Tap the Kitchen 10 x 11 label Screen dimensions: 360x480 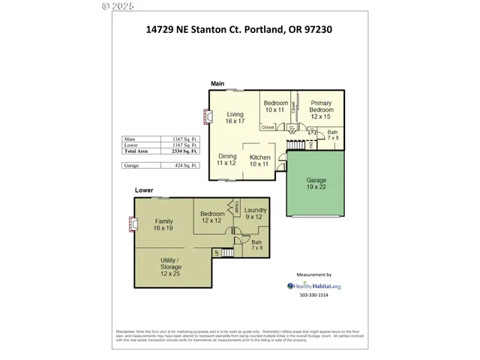pyautogui.click(x=259, y=160)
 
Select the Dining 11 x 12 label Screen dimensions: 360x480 pyautogui.click(x=226, y=160)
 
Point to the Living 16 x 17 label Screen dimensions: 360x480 pyautogui.click(x=235, y=118)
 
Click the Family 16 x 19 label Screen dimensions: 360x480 pyautogui.click(x=163, y=225)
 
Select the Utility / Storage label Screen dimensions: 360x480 pyautogui.click(x=171, y=265)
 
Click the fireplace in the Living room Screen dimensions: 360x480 pyautogui.click(x=207, y=116)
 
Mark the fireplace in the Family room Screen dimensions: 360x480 pyautogui.click(x=133, y=223)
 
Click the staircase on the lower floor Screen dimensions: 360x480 pyautogui.click(x=223, y=255)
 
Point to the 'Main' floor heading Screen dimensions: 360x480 pyautogui.click(x=217, y=83)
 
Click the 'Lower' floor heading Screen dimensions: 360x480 pyautogui.click(x=144, y=190)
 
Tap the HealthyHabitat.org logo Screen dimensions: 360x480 pyautogui.click(x=314, y=286)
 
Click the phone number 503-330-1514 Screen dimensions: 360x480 pyautogui.click(x=314, y=295)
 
